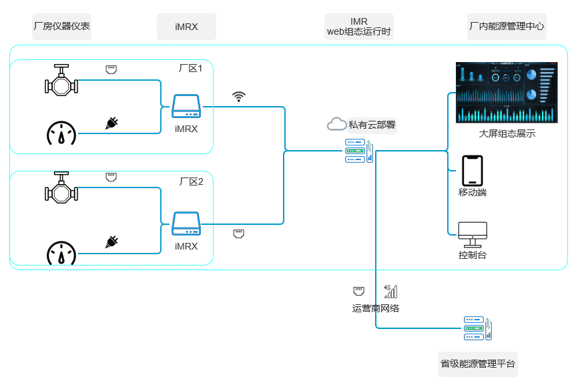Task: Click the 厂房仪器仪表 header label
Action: tap(61, 27)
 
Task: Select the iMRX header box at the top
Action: tap(186, 27)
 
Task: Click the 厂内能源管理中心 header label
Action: tap(507, 27)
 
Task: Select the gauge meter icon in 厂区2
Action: tap(61, 253)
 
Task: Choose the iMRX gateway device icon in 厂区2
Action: tap(186, 224)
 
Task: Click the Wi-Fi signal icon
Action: tap(238, 97)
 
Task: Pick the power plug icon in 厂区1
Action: tap(111, 123)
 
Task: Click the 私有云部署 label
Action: tap(372, 124)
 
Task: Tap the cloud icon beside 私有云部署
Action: tap(336, 124)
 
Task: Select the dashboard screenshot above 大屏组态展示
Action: tap(507, 92)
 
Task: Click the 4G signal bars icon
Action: tap(390, 291)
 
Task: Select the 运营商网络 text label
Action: tap(376, 308)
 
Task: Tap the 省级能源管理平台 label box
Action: tap(478, 364)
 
